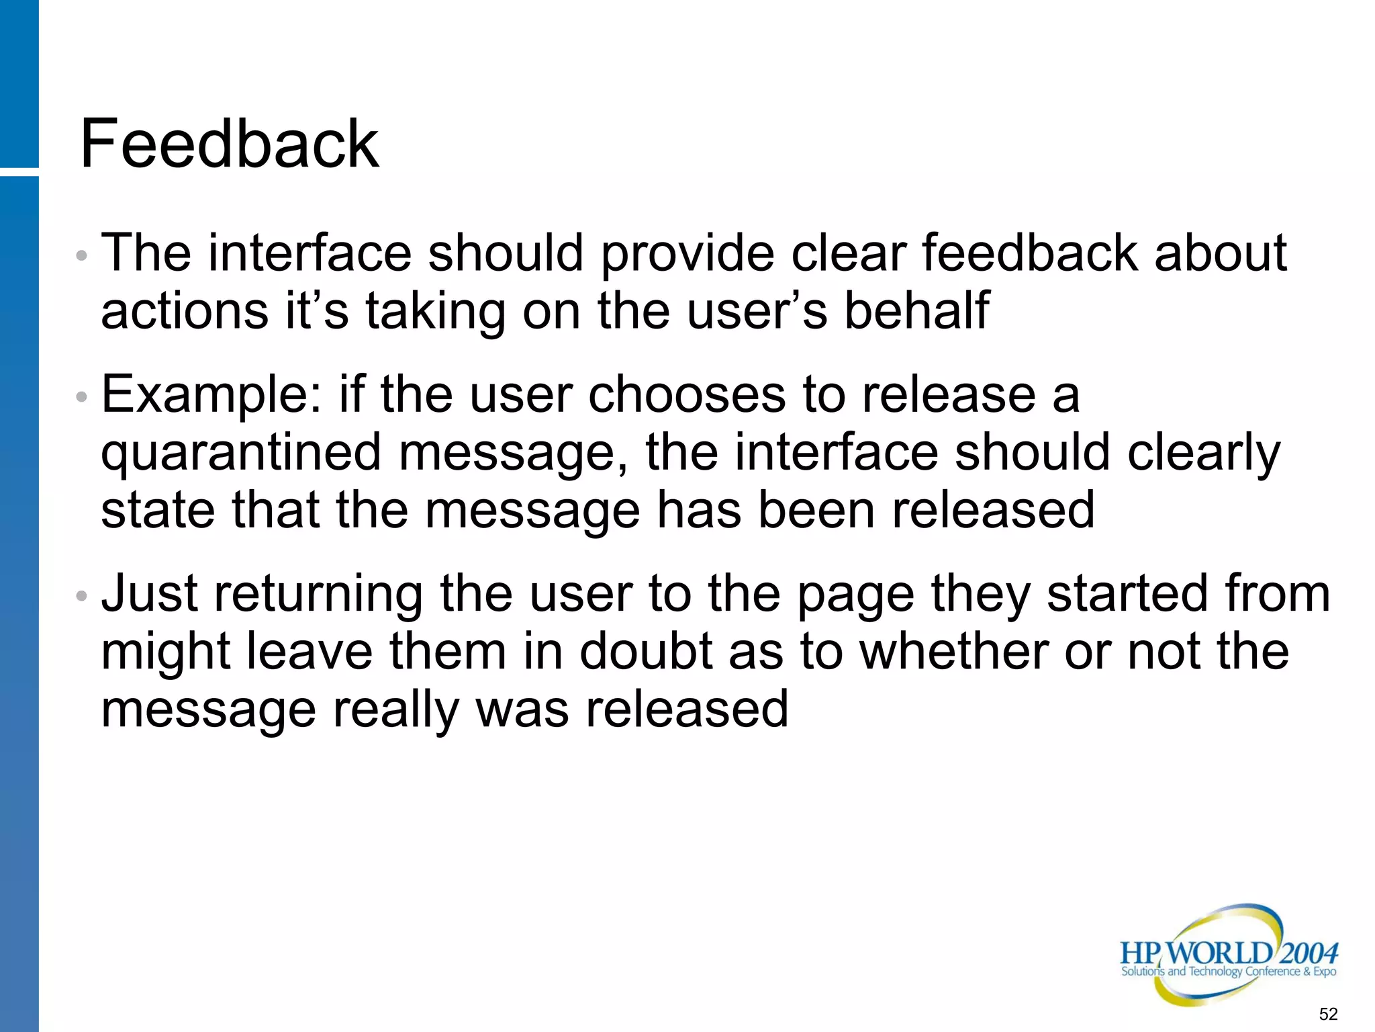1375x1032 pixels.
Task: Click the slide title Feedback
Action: click(229, 143)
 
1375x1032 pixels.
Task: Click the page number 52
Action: click(1328, 1014)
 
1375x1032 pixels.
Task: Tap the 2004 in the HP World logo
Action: click(1309, 953)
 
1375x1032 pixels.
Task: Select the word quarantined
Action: click(240, 453)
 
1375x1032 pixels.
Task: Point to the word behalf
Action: click(916, 310)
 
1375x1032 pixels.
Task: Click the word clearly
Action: click(1203, 453)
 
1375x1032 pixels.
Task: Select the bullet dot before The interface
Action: click(81, 255)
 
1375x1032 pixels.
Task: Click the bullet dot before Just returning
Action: click(81, 596)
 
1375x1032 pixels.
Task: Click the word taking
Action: click(434, 310)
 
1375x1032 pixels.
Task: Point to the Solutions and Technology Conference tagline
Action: click(1228, 972)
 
